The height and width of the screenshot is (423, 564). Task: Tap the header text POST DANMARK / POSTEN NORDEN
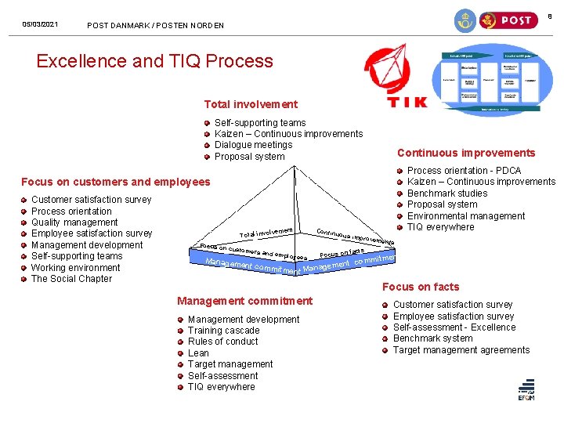click(x=155, y=25)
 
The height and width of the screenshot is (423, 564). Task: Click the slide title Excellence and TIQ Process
click(x=154, y=61)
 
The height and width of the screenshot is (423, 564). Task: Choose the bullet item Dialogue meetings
click(x=253, y=145)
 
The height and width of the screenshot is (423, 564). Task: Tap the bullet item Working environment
click(x=75, y=268)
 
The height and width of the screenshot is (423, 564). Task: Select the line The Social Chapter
click(x=71, y=279)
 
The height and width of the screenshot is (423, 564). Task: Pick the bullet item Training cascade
click(x=223, y=331)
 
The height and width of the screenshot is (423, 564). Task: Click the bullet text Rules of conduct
click(x=223, y=342)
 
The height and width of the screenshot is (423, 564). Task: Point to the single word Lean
click(x=198, y=353)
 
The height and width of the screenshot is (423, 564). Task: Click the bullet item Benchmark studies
click(x=447, y=193)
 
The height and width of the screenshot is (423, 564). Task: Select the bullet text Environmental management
click(x=466, y=216)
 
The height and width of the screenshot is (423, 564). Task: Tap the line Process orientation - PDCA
click(x=464, y=171)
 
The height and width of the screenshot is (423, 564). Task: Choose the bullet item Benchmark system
click(x=432, y=338)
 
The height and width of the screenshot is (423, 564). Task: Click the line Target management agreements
click(x=461, y=350)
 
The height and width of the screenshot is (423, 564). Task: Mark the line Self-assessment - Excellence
click(x=454, y=327)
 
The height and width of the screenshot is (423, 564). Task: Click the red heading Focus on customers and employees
click(x=116, y=182)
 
